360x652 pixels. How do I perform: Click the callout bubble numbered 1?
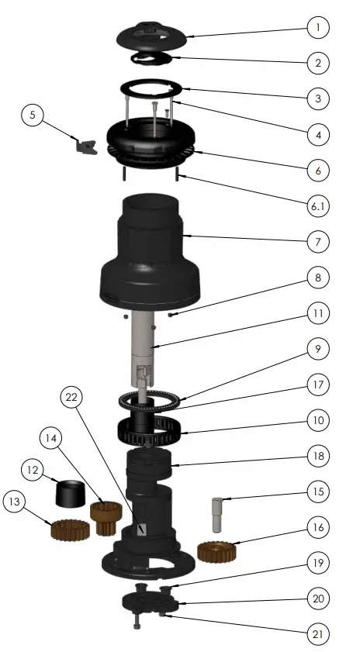point(317,28)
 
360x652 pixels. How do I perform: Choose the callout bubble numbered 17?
point(317,384)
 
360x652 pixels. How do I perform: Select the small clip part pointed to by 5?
point(84,145)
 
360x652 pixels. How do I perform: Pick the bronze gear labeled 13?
point(67,530)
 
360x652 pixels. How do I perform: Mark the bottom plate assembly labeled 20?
point(151,604)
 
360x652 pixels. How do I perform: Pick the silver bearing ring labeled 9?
point(152,400)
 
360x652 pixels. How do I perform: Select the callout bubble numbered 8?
point(317,277)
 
